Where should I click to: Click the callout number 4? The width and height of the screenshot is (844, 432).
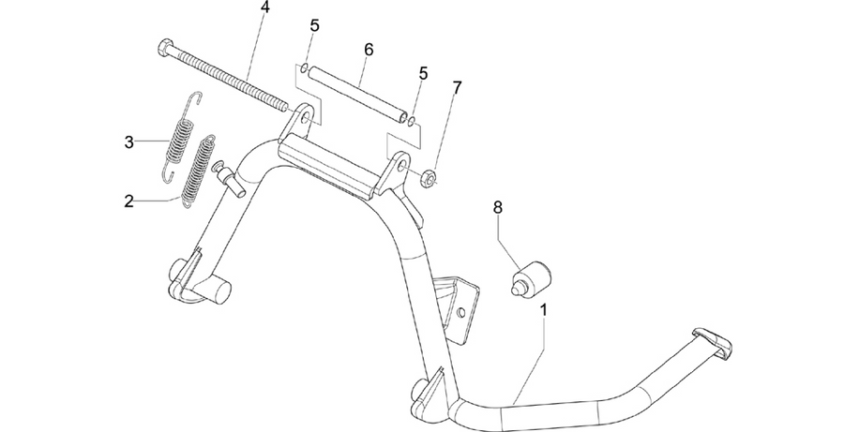pos(264,7)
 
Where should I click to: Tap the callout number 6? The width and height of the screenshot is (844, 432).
pos(369,49)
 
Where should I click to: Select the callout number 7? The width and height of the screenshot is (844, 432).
pos(457,87)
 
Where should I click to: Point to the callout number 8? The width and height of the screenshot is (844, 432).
pos(497,207)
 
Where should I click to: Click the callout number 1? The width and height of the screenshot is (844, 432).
pos(544,310)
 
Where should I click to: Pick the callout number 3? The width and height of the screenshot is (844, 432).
pos(128,142)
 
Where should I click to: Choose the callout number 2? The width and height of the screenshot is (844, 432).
pos(128,201)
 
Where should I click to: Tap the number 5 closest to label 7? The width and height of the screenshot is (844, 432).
pos(424,73)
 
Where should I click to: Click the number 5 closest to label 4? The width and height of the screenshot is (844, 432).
pos(315,26)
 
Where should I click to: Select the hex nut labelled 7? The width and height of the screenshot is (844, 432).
pos(428,178)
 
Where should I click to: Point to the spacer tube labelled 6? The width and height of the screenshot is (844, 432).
pos(358,95)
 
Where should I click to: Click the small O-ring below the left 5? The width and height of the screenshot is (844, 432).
pos(304,67)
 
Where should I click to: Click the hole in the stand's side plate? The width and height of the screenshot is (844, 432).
pos(460,313)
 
